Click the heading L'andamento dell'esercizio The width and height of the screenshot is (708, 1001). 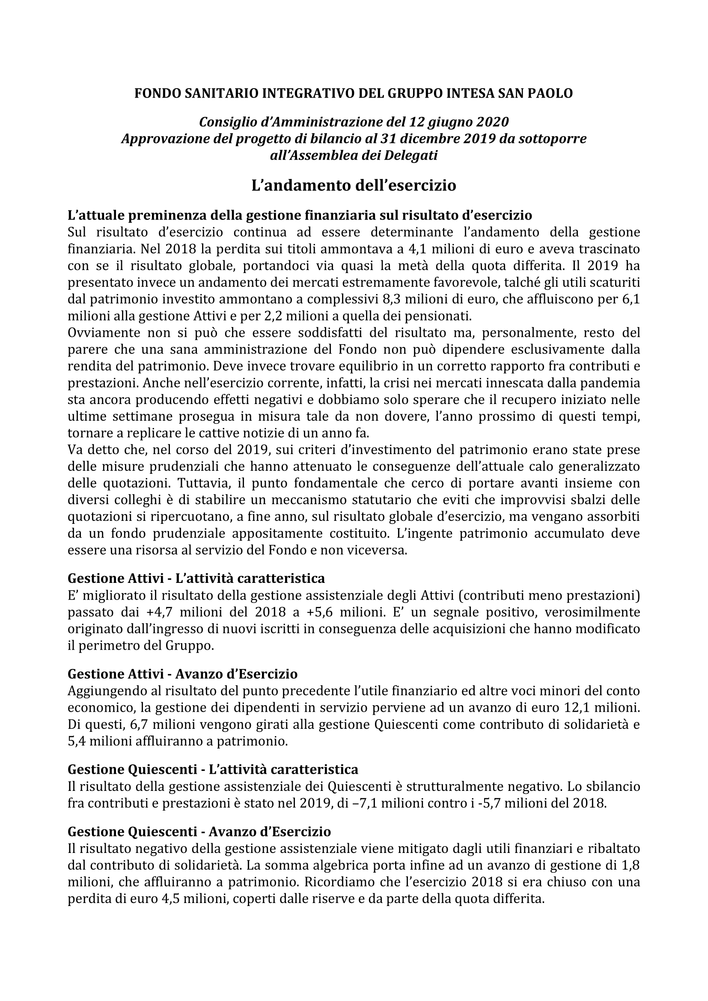click(354, 185)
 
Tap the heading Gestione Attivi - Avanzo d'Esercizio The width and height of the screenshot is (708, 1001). click(182, 674)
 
